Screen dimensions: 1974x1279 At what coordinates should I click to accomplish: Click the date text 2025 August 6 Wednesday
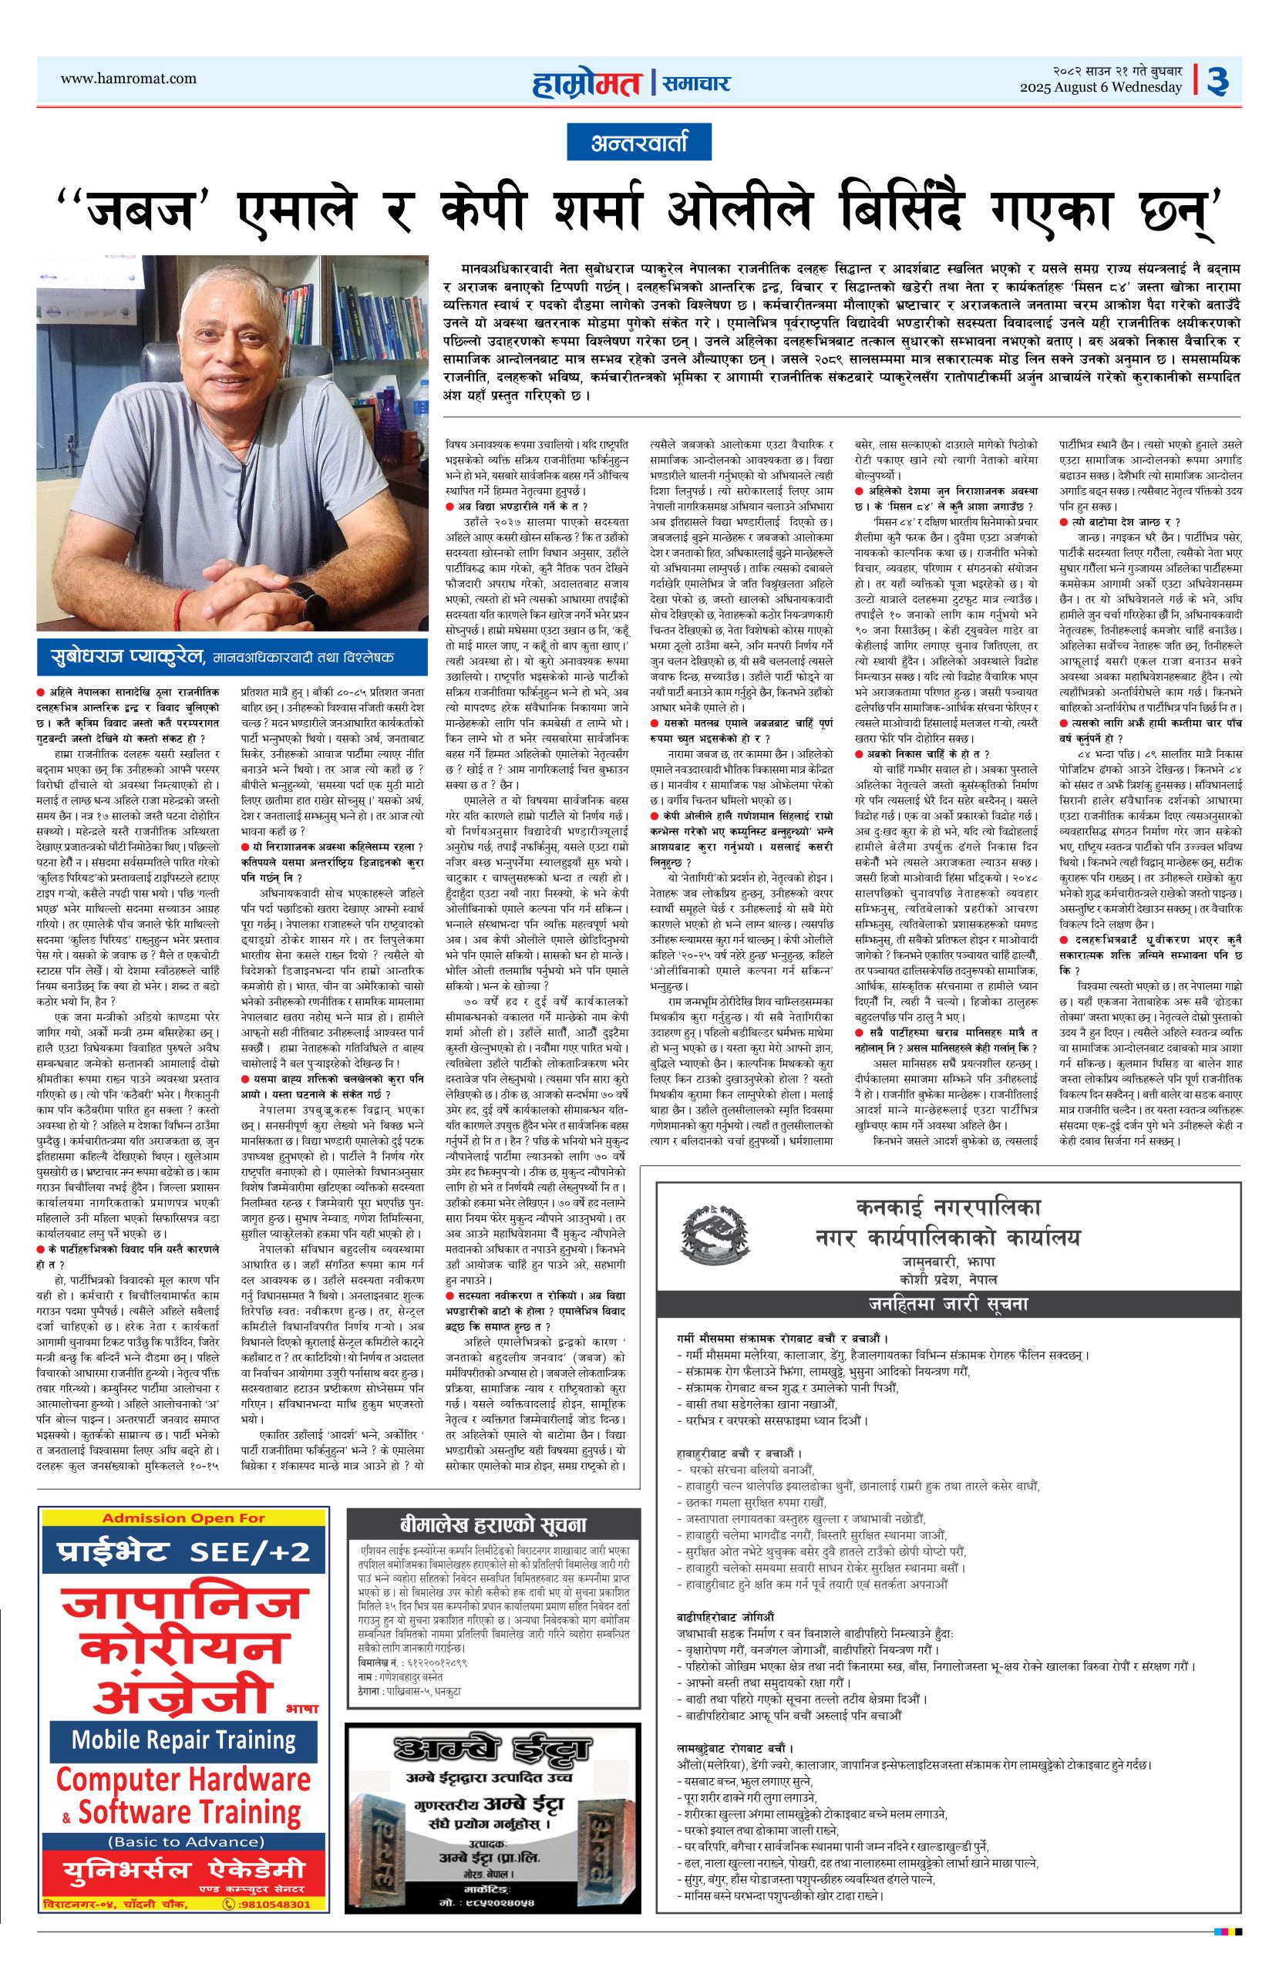[x=1101, y=87]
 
